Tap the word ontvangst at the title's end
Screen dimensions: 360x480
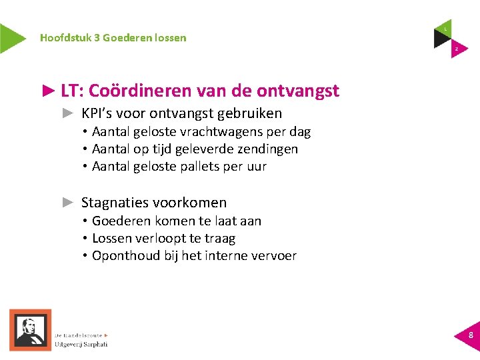point(298,91)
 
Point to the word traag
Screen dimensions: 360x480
point(219,238)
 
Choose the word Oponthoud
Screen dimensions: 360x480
point(126,255)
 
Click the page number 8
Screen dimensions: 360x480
point(471,335)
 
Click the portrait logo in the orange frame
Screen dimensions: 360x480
point(30,329)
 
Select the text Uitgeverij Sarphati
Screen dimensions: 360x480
point(82,344)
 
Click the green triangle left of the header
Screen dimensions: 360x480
point(11,38)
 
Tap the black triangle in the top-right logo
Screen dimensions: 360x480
point(441,38)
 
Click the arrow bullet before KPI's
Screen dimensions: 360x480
point(67,113)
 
